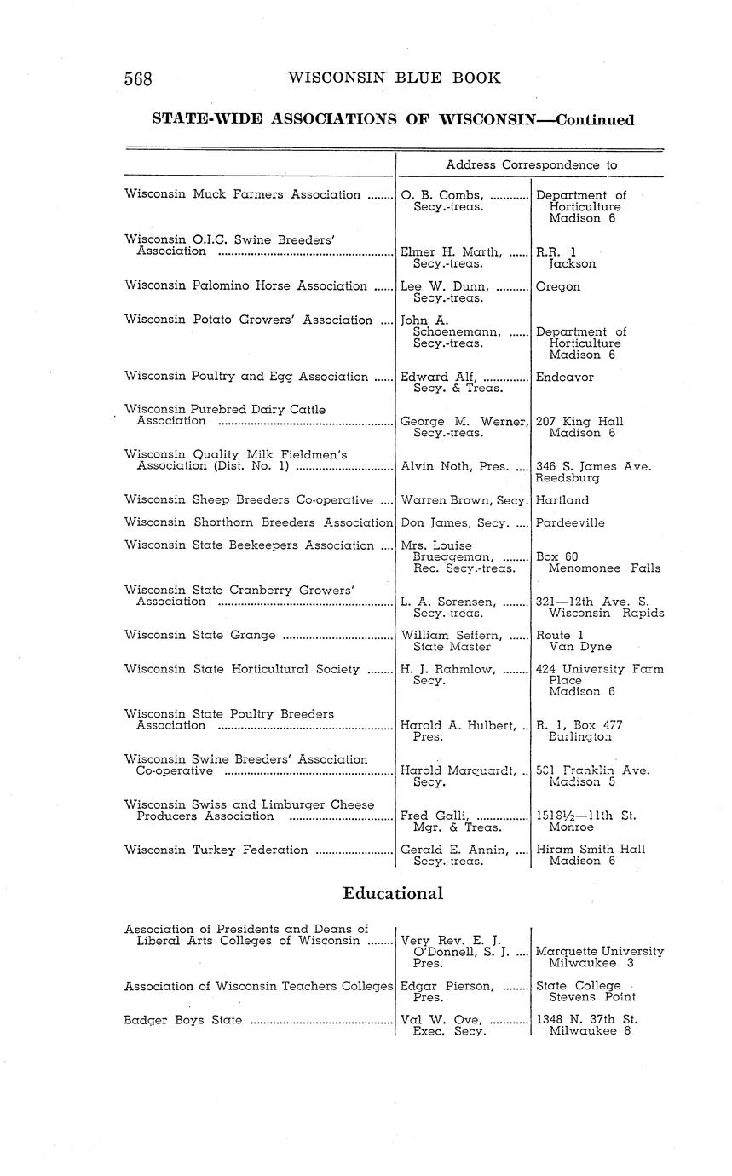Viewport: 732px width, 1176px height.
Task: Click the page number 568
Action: (x=138, y=79)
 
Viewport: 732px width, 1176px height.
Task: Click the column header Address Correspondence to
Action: (x=531, y=164)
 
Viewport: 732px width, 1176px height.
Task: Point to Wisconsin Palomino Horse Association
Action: (x=245, y=286)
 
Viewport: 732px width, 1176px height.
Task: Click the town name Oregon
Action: (x=558, y=287)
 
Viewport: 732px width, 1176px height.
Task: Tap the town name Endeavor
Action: (x=565, y=377)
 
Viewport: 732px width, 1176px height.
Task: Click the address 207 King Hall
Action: (x=579, y=421)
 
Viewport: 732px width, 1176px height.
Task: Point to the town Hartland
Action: (x=562, y=500)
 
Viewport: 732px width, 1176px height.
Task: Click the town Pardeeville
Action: (x=570, y=522)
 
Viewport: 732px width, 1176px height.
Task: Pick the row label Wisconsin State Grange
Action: (x=200, y=635)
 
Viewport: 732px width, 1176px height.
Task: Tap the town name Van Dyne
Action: (x=580, y=647)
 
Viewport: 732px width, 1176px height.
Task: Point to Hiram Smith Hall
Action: (x=591, y=849)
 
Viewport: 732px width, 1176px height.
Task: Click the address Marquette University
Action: (x=600, y=951)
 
